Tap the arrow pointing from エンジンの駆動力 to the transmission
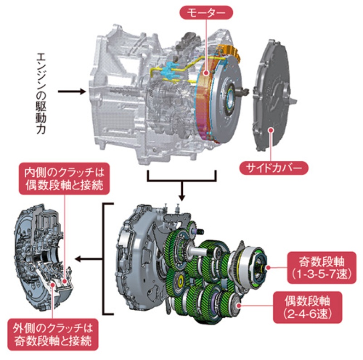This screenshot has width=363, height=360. point(72,92)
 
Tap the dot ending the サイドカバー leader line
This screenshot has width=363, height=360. point(272,130)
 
